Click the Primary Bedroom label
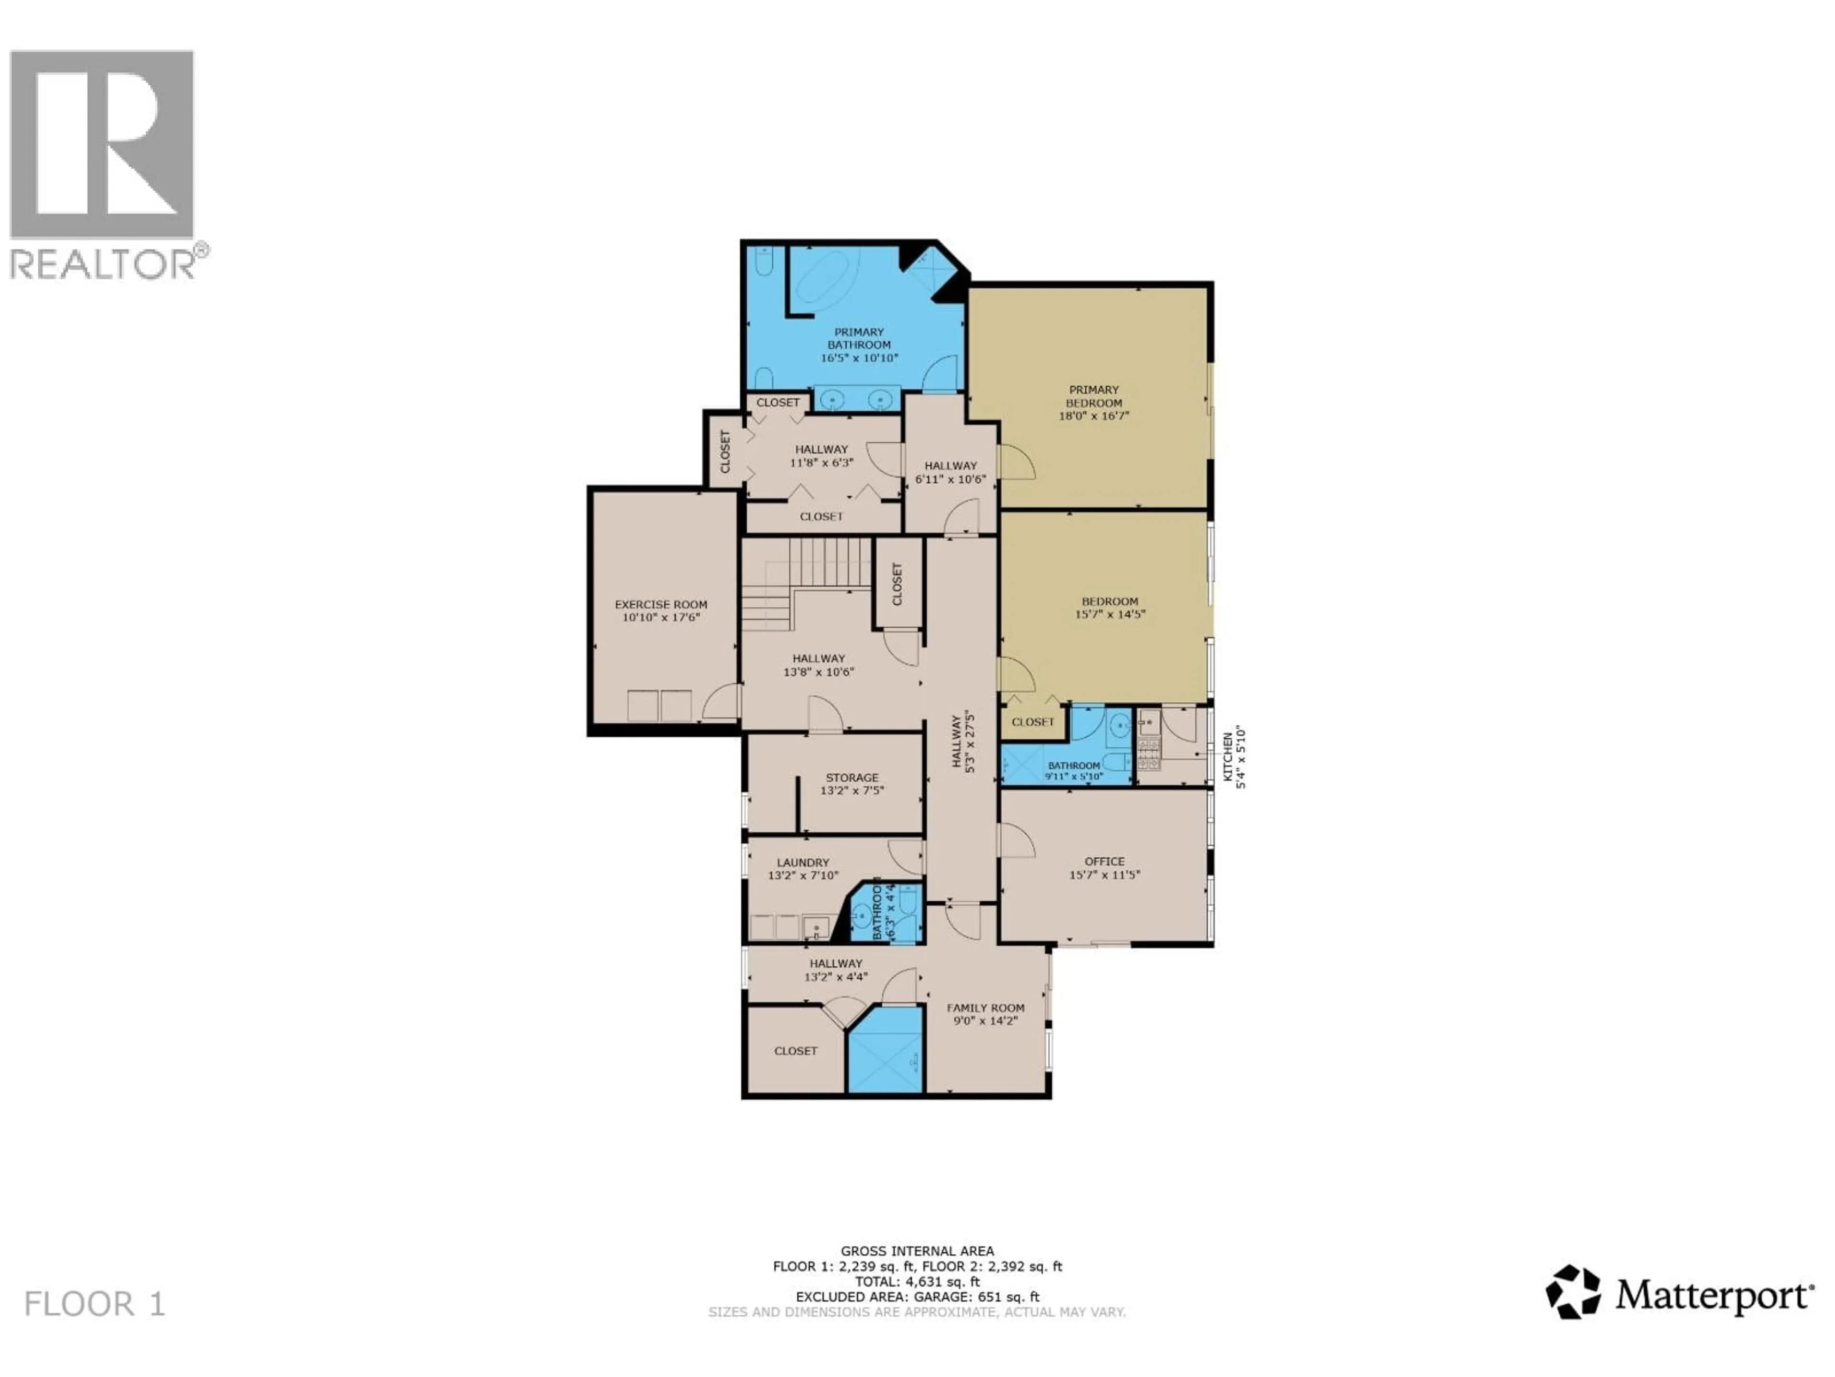pyautogui.click(x=1093, y=396)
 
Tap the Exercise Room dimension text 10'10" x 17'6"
pyautogui.click(x=661, y=618)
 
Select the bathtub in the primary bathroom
pyautogui.click(x=821, y=280)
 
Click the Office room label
pyautogui.click(x=1104, y=862)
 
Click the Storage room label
pyautogui.click(x=852, y=778)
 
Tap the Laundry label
pyautogui.click(x=802, y=863)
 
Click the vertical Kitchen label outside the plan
pyautogui.click(x=1228, y=756)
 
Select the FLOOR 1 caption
pyautogui.click(x=95, y=1304)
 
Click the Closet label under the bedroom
pyautogui.click(x=1032, y=722)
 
